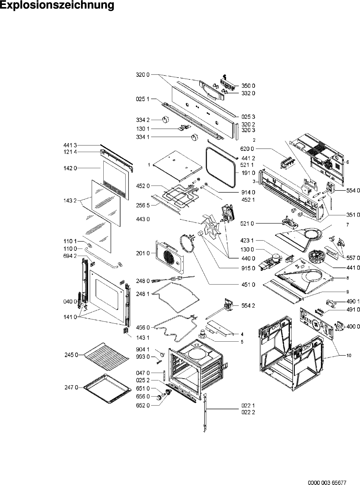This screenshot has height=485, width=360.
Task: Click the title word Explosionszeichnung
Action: (x=57, y=5)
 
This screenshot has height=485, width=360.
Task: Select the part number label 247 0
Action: (x=70, y=387)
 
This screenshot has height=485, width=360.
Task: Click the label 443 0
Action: (x=143, y=219)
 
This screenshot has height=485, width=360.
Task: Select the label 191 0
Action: (x=249, y=173)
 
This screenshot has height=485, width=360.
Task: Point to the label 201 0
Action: (x=143, y=253)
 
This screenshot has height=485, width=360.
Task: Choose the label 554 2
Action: (x=248, y=306)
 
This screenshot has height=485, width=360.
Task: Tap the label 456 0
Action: (x=143, y=327)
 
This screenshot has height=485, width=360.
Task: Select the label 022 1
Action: (x=248, y=405)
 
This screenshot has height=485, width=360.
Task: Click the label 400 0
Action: (x=353, y=326)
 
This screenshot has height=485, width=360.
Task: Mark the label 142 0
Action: (x=67, y=168)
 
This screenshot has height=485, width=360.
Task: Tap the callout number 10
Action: (x=349, y=356)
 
